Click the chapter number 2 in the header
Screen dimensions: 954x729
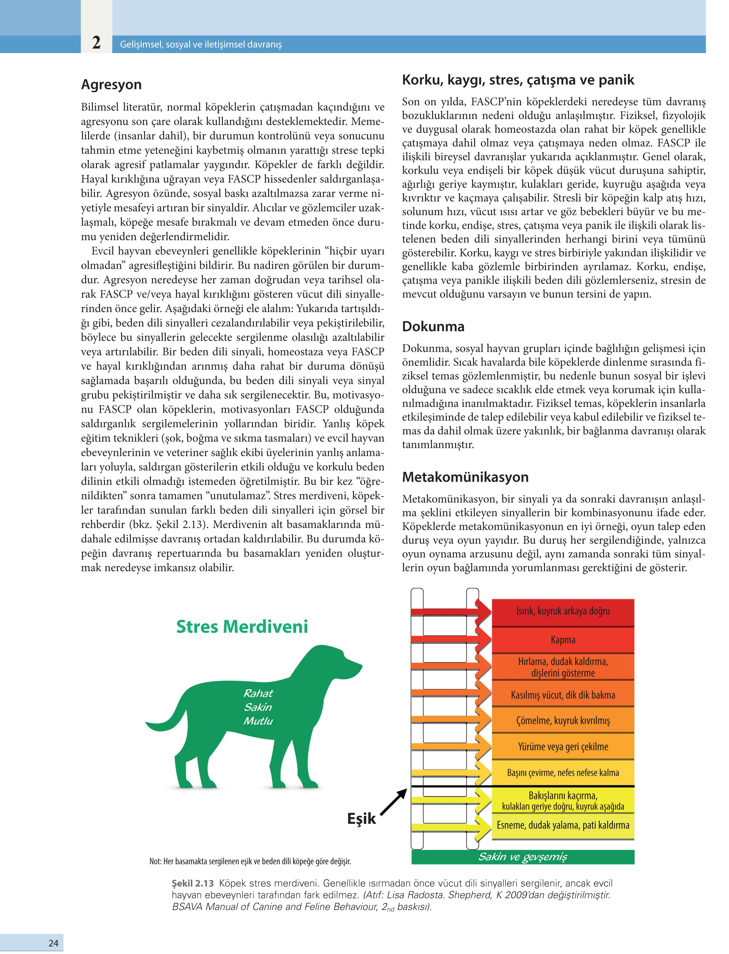(96, 43)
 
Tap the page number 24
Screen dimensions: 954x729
(54, 943)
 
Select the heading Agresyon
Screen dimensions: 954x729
(111, 84)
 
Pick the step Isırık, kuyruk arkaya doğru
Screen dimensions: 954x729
(563, 611)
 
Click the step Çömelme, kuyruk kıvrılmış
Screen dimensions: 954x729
(563, 721)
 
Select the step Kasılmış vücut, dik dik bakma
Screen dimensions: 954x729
(563, 695)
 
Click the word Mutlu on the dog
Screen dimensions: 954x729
(258, 721)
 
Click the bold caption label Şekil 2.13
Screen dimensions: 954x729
(193, 883)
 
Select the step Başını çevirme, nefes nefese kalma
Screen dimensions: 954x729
(563, 773)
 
